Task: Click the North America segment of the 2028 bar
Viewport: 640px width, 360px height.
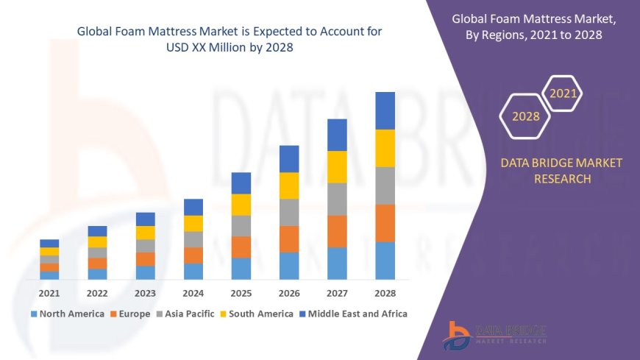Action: click(x=385, y=261)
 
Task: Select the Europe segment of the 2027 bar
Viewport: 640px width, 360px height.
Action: click(x=337, y=231)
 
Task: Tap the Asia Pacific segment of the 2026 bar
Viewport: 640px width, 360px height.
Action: click(x=289, y=212)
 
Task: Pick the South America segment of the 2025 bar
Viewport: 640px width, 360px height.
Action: click(x=241, y=205)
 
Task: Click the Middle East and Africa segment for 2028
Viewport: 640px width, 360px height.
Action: click(x=385, y=110)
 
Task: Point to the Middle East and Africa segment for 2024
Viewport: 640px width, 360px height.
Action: click(x=193, y=207)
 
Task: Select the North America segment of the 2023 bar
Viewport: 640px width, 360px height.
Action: click(x=146, y=272)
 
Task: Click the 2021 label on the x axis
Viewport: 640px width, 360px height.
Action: click(x=49, y=293)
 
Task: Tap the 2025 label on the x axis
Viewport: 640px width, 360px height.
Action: click(x=241, y=293)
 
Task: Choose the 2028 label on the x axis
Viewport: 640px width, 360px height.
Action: click(x=385, y=293)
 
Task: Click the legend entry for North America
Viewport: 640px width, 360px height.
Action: click(x=67, y=314)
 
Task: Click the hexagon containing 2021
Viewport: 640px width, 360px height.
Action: click(x=563, y=93)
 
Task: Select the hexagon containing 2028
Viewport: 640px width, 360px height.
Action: click(x=525, y=116)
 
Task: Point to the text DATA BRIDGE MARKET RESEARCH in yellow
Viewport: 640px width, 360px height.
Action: click(x=561, y=171)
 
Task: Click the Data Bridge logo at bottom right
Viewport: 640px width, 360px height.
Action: click(x=494, y=335)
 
